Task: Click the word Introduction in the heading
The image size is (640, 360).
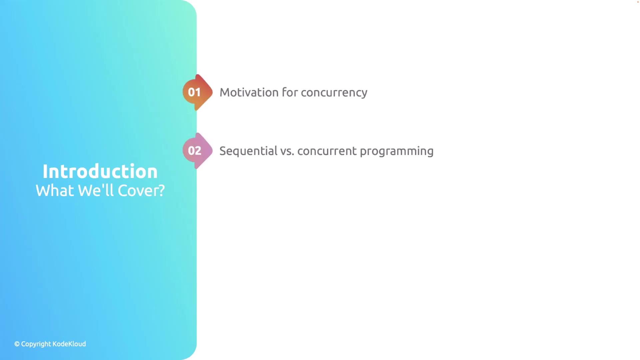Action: pos(100,171)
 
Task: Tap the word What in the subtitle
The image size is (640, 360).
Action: pos(55,191)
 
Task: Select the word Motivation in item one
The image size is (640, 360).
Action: pos(249,92)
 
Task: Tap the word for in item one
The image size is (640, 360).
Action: pos(290,92)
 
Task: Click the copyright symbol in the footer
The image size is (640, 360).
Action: pos(17,344)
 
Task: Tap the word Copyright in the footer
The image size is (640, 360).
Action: pos(36,344)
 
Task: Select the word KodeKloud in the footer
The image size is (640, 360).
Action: pos(69,344)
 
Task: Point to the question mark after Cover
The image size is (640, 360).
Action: pos(161,190)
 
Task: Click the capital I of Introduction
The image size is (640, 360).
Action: pos(45,172)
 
